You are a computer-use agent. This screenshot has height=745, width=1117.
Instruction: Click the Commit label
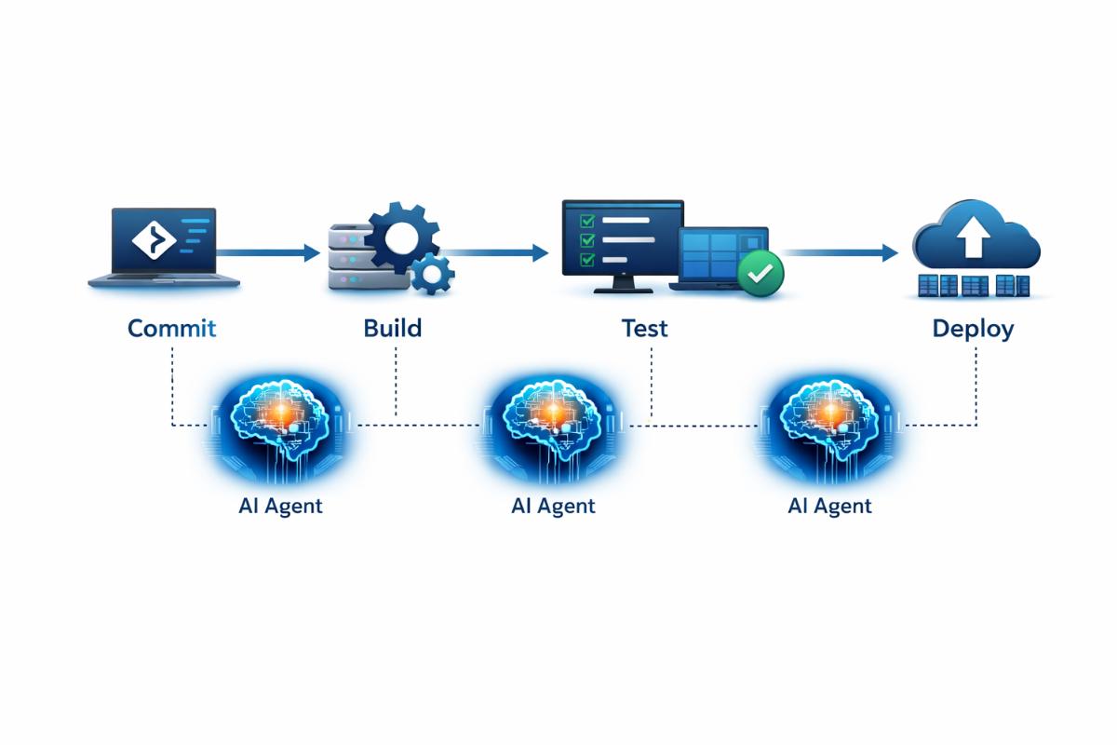[x=171, y=328]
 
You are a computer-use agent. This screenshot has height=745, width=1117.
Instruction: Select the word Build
[x=392, y=328]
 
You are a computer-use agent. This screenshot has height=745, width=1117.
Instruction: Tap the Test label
[x=644, y=328]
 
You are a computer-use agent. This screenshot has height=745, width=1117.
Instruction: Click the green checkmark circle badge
[x=760, y=273]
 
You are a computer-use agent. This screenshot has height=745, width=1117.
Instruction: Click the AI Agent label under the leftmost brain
[x=280, y=506]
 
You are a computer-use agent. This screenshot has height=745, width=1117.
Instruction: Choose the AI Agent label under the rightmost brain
[x=829, y=506]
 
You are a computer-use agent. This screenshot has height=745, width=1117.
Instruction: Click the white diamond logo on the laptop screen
[x=154, y=240]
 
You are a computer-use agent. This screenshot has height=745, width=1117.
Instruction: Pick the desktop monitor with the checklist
[x=622, y=239]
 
